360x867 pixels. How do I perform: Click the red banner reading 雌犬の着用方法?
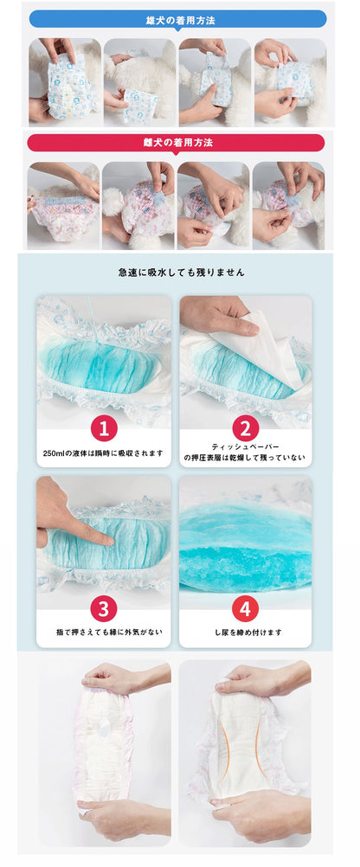[176, 143]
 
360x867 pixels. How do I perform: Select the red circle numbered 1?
[104, 428]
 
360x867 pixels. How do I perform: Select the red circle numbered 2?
[246, 428]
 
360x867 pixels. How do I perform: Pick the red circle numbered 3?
[103, 609]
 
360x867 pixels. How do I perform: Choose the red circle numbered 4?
[246, 609]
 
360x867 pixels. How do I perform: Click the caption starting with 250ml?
[103, 453]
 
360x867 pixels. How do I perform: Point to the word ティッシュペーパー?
[246, 446]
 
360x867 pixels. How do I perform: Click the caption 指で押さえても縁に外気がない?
[104, 632]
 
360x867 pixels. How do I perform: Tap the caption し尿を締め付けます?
[246, 632]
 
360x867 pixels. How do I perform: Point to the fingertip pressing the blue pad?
[110, 538]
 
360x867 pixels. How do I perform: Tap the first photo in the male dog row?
[65, 82]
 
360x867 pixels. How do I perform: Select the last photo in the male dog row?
[290, 82]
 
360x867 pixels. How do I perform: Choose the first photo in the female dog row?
[63, 205]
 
